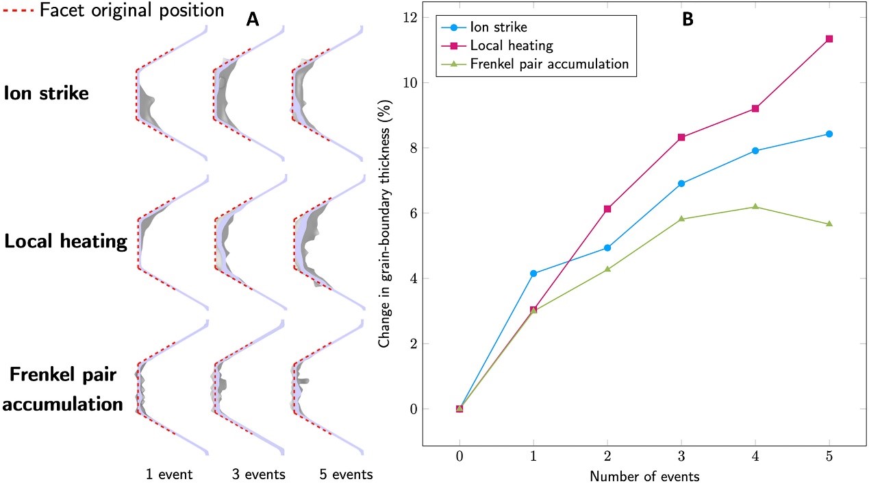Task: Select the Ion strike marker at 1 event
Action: pyautogui.click(x=533, y=274)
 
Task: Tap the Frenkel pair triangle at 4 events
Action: pyautogui.click(x=755, y=206)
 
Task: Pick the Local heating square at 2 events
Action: pyautogui.click(x=607, y=209)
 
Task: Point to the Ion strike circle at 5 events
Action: pyautogui.click(x=829, y=134)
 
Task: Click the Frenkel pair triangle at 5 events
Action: pyautogui.click(x=829, y=223)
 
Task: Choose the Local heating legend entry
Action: pyautogui.click(x=512, y=45)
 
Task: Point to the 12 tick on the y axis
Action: pyautogui.click(x=410, y=17)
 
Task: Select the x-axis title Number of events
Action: pyautogui.click(x=644, y=474)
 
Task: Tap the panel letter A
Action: pyautogui.click(x=253, y=20)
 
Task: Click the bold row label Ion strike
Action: pyautogui.click(x=46, y=93)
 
